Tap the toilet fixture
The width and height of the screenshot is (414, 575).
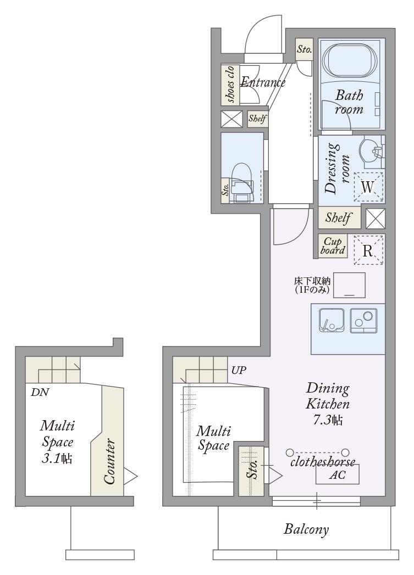click(241, 182)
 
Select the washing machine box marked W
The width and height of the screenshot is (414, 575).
click(368, 187)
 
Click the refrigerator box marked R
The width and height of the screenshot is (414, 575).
click(368, 250)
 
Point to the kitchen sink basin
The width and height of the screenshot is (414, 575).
click(332, 320)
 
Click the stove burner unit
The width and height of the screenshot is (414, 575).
click(364, 320)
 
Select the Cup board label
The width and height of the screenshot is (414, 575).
click(333, 246)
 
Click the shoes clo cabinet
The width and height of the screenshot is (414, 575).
click(230, 85)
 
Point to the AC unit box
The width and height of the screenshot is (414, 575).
click(337, 474)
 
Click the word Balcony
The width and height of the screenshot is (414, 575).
click(306, 529)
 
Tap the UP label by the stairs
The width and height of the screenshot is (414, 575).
click(239, 370)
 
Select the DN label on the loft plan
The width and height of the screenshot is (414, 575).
click(40, 392)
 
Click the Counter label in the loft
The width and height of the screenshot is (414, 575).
click(109, 462)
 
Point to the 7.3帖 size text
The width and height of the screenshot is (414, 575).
click(327, 420)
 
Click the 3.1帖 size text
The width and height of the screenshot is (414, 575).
click(57, 459)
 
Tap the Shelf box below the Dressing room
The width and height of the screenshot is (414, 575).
click(338, 217)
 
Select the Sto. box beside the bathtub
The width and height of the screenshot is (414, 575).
click(304, 49)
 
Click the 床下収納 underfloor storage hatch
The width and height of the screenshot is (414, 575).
click(350, 285)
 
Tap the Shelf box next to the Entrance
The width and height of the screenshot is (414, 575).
click(257, 119)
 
